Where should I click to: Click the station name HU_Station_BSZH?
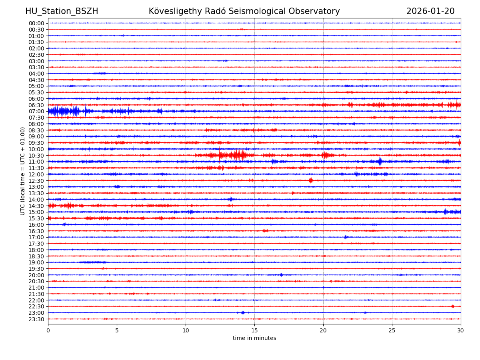(62, 11)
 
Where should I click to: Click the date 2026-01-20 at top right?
(430, 11)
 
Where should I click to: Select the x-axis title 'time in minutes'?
(254, 338)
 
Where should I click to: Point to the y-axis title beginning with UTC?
(23, 171)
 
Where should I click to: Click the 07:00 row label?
(36, 111)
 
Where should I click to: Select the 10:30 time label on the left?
(36, 155)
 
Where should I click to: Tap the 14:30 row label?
(36, 206)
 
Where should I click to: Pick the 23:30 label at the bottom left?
(36, 319)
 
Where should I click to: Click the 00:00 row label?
(36, 23)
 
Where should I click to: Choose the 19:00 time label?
(36, 262)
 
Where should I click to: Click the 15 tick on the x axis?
(254, 330)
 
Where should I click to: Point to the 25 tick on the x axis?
(392, 330)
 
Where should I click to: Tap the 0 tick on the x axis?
(48, 330)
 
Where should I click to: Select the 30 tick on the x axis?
(461, 330)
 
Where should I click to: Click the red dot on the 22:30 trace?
(453, 306)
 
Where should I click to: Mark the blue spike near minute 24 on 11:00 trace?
(380, 162)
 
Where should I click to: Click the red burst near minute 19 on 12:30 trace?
(311, 180)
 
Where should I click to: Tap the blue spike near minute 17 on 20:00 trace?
(281, 275)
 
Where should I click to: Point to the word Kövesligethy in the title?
(174, 11)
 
